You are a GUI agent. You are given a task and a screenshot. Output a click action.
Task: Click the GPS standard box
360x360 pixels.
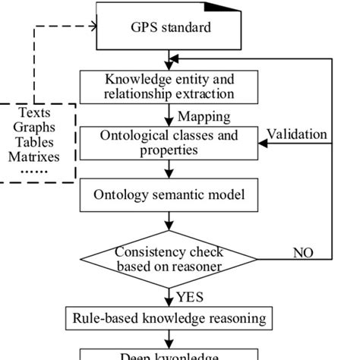[169, 28]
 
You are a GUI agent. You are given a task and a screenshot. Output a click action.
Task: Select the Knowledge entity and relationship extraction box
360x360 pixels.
[169, 87]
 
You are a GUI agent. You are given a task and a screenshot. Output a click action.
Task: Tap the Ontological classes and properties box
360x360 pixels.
[169, 143]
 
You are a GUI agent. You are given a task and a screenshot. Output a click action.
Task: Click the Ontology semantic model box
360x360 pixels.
[169, 194]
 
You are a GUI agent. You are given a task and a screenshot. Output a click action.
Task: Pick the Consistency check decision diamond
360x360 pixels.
[169, 259]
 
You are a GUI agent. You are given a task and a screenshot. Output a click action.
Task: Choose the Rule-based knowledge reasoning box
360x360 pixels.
[169, 317]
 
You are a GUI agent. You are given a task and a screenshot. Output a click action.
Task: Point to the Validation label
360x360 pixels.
[297, 134]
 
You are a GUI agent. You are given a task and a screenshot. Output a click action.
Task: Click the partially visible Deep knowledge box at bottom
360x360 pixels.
[169, 354]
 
